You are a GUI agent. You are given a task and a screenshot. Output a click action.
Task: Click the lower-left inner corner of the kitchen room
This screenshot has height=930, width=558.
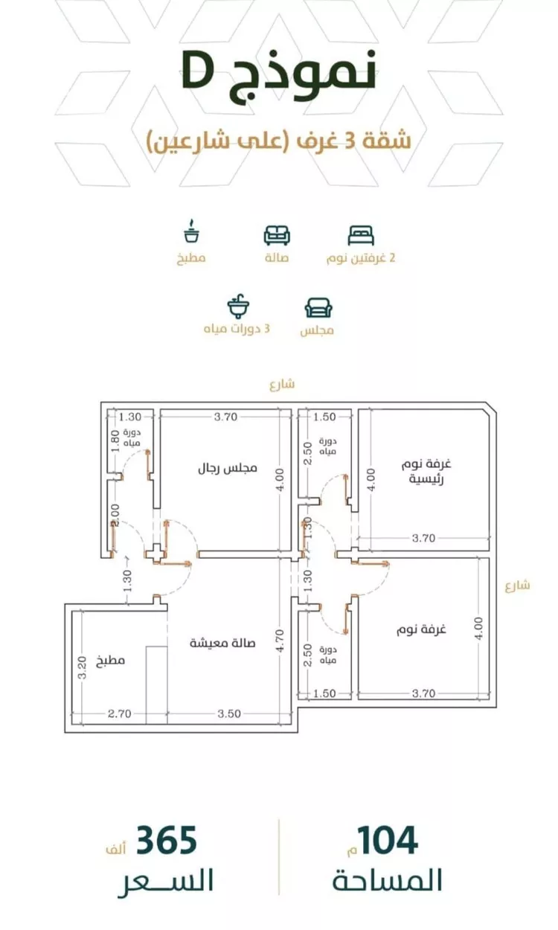coord(72,725)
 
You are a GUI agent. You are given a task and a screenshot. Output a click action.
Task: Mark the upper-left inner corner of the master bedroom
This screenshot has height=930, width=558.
coord(359,409)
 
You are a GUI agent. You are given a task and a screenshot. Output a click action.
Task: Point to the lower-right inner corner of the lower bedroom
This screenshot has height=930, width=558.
coord(490,699)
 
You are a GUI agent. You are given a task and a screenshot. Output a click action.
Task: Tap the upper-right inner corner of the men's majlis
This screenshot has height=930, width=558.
coord(291,409)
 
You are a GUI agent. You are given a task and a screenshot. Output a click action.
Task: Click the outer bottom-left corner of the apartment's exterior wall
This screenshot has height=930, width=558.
coord(65,732)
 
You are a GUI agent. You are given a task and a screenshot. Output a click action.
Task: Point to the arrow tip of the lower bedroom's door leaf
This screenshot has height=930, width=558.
coord(388,564)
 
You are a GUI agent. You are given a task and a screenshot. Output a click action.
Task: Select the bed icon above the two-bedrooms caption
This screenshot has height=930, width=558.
coord(361,236)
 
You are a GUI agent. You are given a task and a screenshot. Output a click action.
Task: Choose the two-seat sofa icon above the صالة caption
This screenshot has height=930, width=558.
coord(277,235)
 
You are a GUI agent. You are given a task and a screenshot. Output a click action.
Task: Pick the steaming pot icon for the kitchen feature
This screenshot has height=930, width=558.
coord(191,231)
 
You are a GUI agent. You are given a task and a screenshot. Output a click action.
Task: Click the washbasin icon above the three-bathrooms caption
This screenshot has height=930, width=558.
coord(238,307)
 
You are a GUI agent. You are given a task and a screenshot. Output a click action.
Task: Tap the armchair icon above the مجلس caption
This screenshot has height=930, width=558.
coord(318,308)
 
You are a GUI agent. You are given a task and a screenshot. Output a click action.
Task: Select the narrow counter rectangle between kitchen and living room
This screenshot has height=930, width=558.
coord(156,685)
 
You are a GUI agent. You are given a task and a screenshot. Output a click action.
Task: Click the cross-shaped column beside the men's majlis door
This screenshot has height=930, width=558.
coord(156,553)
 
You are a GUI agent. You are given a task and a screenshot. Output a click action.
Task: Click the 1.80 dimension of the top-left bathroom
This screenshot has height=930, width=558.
coord(115,440)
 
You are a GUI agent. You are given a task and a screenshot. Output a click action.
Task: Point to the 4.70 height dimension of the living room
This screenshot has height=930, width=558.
coord(280,641)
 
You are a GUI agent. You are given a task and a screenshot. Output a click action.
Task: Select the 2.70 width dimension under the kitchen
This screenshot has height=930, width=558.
coord(120,713)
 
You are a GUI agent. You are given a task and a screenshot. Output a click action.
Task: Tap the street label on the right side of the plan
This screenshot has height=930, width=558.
coord(518,586)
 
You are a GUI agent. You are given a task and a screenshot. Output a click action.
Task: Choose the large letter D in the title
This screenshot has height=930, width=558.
coord(197,73)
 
